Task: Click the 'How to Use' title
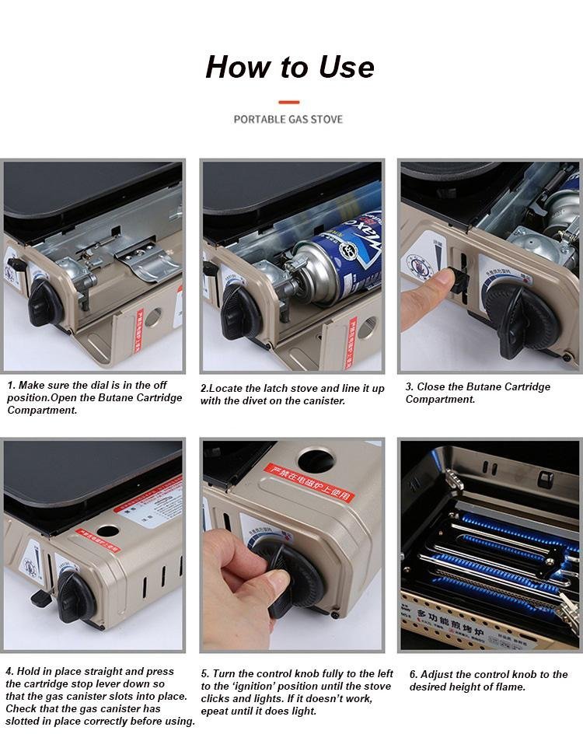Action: pyautogui.click(x=290, y=68)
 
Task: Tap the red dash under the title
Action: pyautogui.click(x=289, y=102)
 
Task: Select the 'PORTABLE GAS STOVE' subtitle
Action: pyautogui.click(x=288, y=119)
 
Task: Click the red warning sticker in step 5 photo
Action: pyautogui.click(x=309, y=484)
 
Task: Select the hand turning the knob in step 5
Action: pyautogui.click(x=233, y=591)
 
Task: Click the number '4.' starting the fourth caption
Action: pyautogui.click(x=10, y=671)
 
